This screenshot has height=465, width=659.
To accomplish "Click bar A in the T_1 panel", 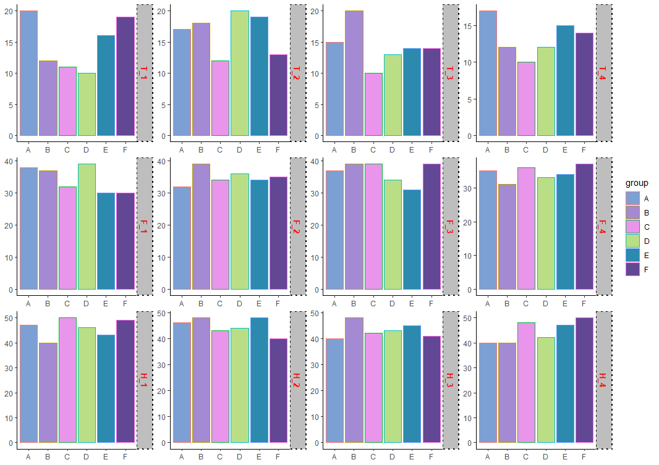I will click(28, 73).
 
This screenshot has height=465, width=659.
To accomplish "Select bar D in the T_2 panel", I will click(239, 73).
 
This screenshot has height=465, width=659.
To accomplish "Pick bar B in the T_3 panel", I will click(354, 73).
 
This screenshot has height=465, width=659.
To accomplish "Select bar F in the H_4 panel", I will click(584, 380).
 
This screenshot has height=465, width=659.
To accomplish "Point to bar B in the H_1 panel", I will click(48, 393).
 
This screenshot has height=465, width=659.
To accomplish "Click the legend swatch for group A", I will click(632, 198).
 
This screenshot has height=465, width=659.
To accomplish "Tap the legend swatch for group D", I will click(632, 241).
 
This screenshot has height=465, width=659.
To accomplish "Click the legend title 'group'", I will click(637, 183).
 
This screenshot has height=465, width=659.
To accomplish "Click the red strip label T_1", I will click(144, 73).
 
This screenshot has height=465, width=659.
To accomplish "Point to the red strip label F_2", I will click(297, 227).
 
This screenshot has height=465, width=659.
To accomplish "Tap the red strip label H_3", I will click(449, 380).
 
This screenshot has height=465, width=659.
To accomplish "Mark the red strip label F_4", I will click(603, 227).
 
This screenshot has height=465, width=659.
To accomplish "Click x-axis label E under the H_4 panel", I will click(565, 457).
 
